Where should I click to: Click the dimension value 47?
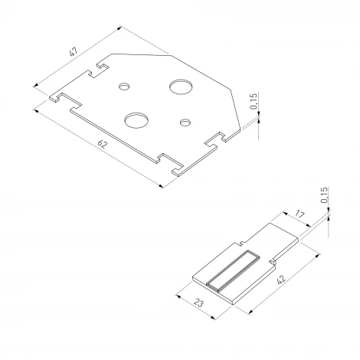(74, 51)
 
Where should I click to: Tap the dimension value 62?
(103, 144)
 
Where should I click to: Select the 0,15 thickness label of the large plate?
(254, 101)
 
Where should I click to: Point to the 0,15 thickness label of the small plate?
(324, 195)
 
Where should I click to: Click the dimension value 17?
(299, 214)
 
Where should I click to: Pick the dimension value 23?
(199, 303)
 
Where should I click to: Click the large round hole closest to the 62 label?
(136, 120)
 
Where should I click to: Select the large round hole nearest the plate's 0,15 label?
(181, 87)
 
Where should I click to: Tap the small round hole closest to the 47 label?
(124, 87)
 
